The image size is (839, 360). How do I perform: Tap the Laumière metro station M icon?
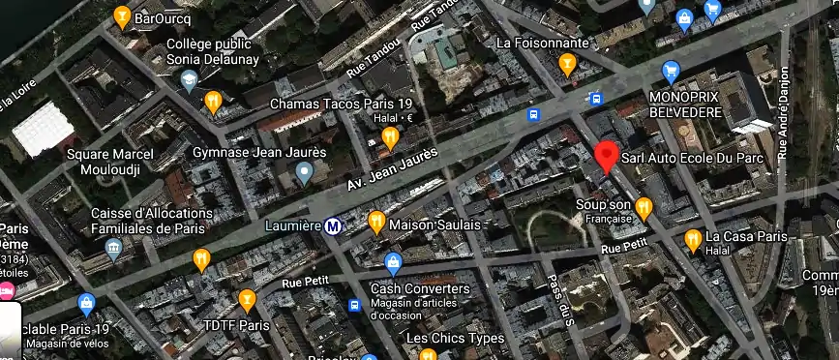(x=333, y=226)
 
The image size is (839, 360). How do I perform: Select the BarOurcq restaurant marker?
(x=122, y=16)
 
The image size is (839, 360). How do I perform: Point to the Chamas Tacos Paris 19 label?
(x=341, y=104)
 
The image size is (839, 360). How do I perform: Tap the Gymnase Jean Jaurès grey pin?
(x=305, y=174)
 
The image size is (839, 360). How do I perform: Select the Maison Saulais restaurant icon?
(x=376, y=224)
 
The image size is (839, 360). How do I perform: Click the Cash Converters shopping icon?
(x=393, y=263)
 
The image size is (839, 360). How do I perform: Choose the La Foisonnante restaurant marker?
(x=568, y=64)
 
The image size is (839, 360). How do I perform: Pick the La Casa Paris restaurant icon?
(x=692, y=238)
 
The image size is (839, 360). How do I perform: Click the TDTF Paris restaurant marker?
(x=247, y=300)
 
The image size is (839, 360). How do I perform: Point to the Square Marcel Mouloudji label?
(x=109, y=162)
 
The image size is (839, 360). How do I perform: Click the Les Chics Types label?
(x=455, y=339)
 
